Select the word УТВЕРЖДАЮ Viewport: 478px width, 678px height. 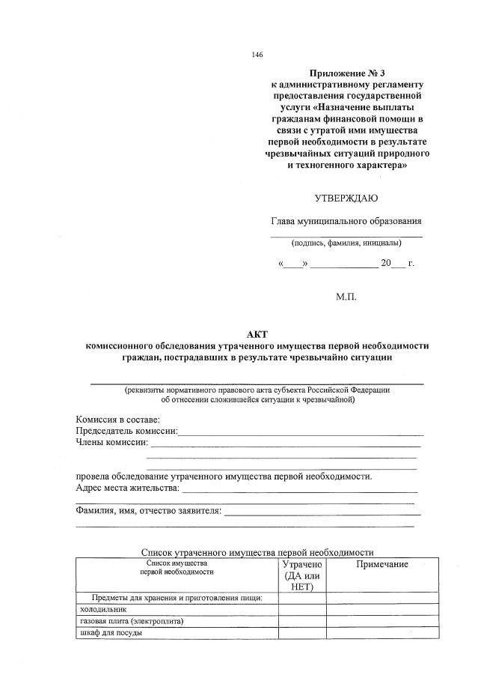[x=346, y=199]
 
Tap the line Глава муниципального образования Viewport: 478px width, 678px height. [x=346, y=221]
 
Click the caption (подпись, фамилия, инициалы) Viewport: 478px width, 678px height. [x=346, y=243]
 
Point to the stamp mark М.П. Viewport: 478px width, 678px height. [x=346, y=297]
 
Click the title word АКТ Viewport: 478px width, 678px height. [x=257, y=333]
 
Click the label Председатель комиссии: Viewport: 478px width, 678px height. [x=126, y=431]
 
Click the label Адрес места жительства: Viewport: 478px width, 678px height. [x=128, y=488]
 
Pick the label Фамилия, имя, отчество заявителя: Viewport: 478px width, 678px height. [x=149, y=512]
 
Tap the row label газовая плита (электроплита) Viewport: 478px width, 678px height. [x=131, y=621]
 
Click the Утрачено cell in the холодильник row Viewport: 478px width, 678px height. [x=301, y=609]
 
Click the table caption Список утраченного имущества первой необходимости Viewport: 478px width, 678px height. [x=257, y=551]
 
